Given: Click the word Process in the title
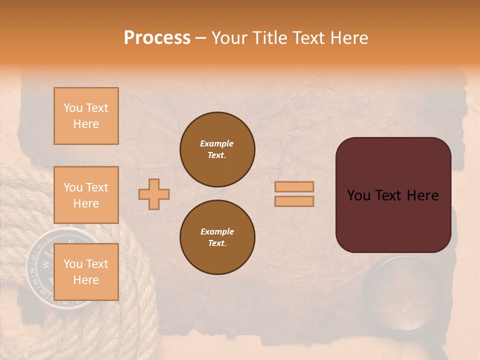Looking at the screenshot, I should coord(157,38).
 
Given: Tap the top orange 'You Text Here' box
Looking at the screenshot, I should coord(86,116).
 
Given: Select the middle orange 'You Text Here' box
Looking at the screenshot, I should coord(86,195).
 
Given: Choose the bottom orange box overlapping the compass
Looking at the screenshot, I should coord(86,272).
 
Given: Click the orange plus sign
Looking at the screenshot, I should coord(154,194).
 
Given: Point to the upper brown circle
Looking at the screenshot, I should coord(217,149).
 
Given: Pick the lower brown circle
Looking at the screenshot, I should coord(217,237).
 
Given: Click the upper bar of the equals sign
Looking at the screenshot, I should coord(294,187).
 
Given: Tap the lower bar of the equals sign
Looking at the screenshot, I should coord(294,201).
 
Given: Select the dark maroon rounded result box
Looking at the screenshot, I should coord(393,195).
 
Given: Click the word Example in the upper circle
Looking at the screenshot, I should coord(217,143).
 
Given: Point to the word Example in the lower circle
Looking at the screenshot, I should coord(217,231).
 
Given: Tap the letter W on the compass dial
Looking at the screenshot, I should coord(45,264).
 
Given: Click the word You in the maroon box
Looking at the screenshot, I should coord(358,195).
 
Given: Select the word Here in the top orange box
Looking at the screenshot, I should coord(86,124).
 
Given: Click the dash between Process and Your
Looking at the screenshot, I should coord(200,38).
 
